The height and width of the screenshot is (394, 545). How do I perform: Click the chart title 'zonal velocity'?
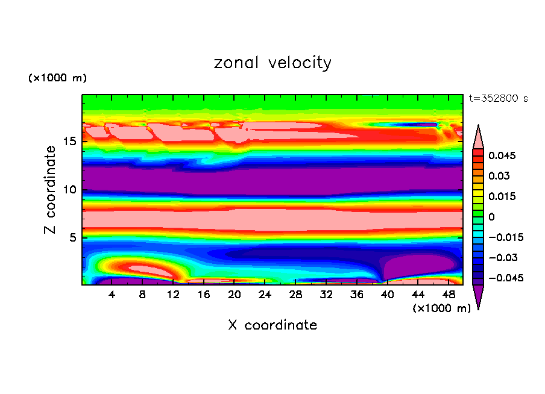pos(272,63)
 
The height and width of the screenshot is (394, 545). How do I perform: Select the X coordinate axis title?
pos(272,325)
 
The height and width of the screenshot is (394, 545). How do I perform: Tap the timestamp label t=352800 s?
pos(498,99)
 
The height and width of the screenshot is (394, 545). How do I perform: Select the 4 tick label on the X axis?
pos(112,295)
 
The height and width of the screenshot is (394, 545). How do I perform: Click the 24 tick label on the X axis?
pos(265,295)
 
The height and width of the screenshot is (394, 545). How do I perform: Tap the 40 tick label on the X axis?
pos(387,295)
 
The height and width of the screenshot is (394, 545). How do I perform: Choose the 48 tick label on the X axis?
pos(448,295)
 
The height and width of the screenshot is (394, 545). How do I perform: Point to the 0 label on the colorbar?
pos(491,217)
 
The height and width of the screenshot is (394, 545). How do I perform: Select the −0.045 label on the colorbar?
pos(505,278)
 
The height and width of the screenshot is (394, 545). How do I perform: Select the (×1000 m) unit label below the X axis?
pos(441,308)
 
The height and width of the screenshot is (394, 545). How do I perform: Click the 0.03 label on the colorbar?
pos(499,176)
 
